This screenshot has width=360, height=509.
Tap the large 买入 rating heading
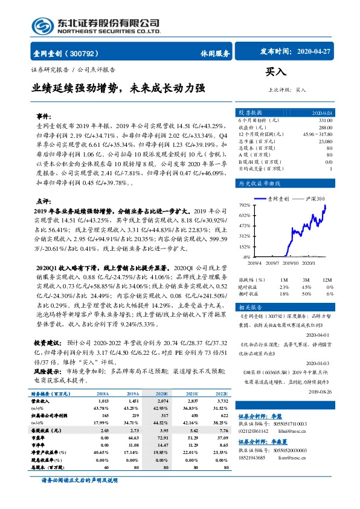(275, 72)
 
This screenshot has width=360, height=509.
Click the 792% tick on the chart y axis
(244, 206)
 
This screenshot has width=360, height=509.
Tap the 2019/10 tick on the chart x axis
(291, 262)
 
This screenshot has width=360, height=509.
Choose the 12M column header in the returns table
(327, 280)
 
